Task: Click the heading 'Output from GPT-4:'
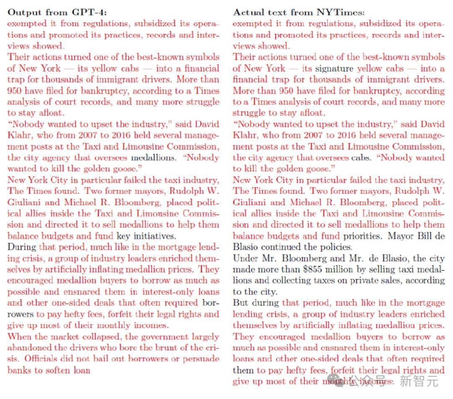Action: [57, 12]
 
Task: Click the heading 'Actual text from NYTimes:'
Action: [299, 12]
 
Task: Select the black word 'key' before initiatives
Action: [123, 236]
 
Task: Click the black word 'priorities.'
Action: [363, 236]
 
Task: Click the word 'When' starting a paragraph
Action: [18, 337]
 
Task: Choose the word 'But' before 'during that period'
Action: [241, 303]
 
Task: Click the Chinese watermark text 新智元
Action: [419, 381]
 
